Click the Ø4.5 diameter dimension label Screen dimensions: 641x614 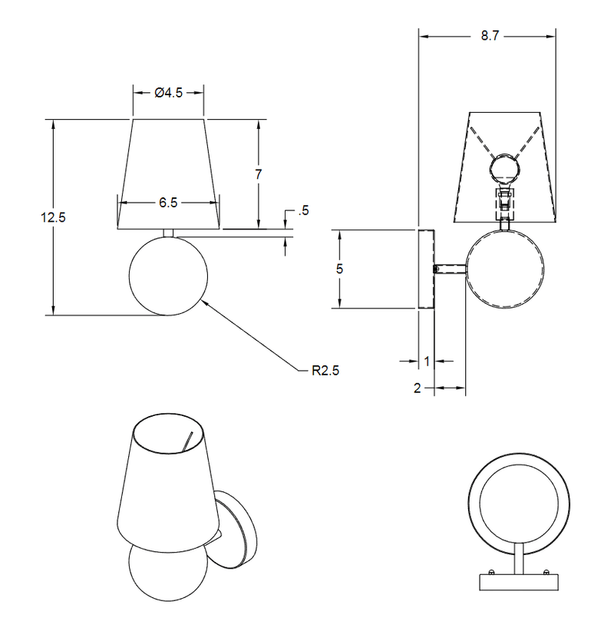pyautogui.click(x=167, y=93)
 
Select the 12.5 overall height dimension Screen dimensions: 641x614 pyautogui.click(x=53, y=217)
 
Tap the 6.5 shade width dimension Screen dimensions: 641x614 pyautogui.click(x=168, y=203)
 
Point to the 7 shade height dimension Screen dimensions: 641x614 pyautogui.click(x=259, y=174)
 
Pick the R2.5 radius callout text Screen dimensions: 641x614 pyautogui.click(x=325, y=369)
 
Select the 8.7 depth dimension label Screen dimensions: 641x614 pyautogui.click(x=485, y=35)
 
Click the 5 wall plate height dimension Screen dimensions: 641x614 pyautogui.click(x=338, y=269)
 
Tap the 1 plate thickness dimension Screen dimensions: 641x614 pyautogui.click(x=426, y=360)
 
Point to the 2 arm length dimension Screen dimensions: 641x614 pyautogui.click(x=418, y=388)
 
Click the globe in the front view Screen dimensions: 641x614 pyautogui.click(x=168, y=276)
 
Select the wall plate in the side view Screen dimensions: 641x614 pyautogui.click(x=426, y=269)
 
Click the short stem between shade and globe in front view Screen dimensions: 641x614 pyautogui.click(x=168, y=232)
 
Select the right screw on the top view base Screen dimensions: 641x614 pyautogui.click(x=546, y=572)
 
